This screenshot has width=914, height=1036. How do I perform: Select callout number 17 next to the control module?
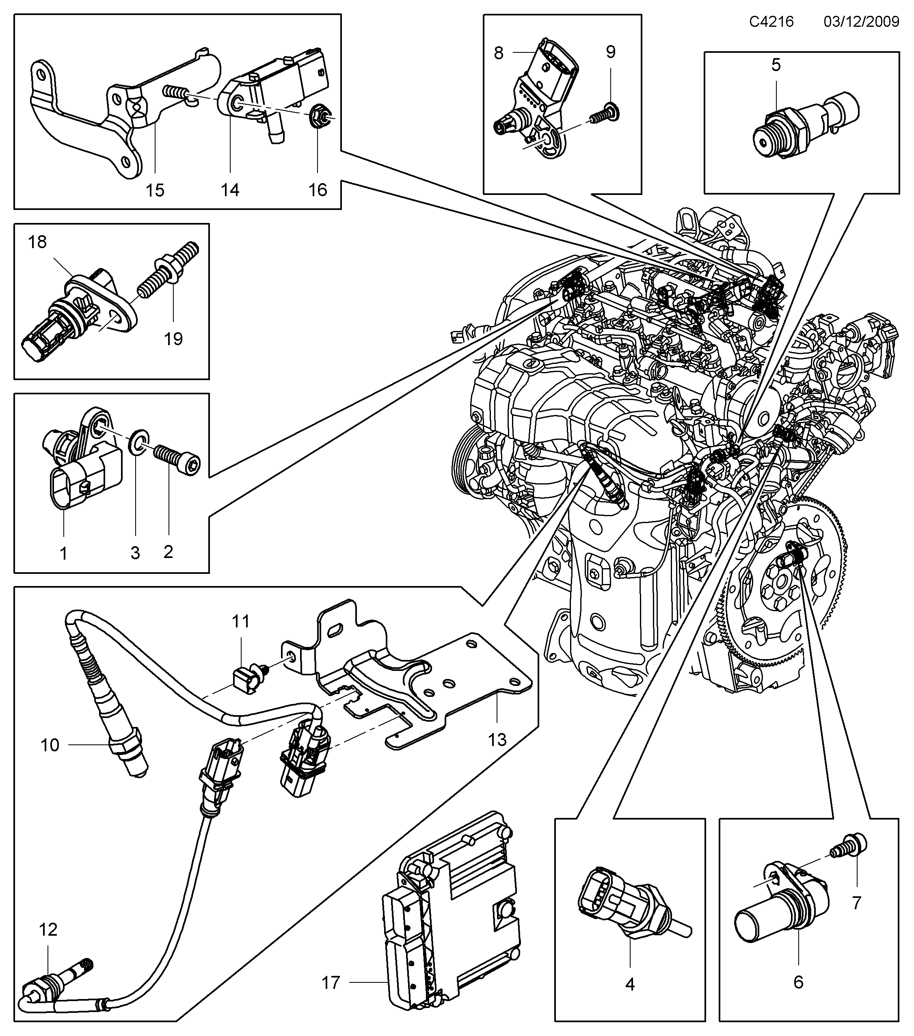pyautogui.click(x=331, y=983)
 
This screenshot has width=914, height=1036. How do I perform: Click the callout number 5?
pyautogui.click(x=776, y=65)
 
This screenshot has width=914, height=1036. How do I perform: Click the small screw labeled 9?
pyautogui.click(x=606, y=112)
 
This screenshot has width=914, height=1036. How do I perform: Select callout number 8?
pyautogui.click(x=499, y=53)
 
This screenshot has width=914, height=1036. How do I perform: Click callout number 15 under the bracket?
pyautogui.click(x=155, y=190)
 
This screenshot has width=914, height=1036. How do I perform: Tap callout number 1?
pyautogui.click(x=63, y=553)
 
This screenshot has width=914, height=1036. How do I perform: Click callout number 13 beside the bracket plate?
pyautogui.click(x=497, y=740)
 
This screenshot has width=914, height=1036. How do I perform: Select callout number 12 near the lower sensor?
pyautogui.click(x=48, y=929)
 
